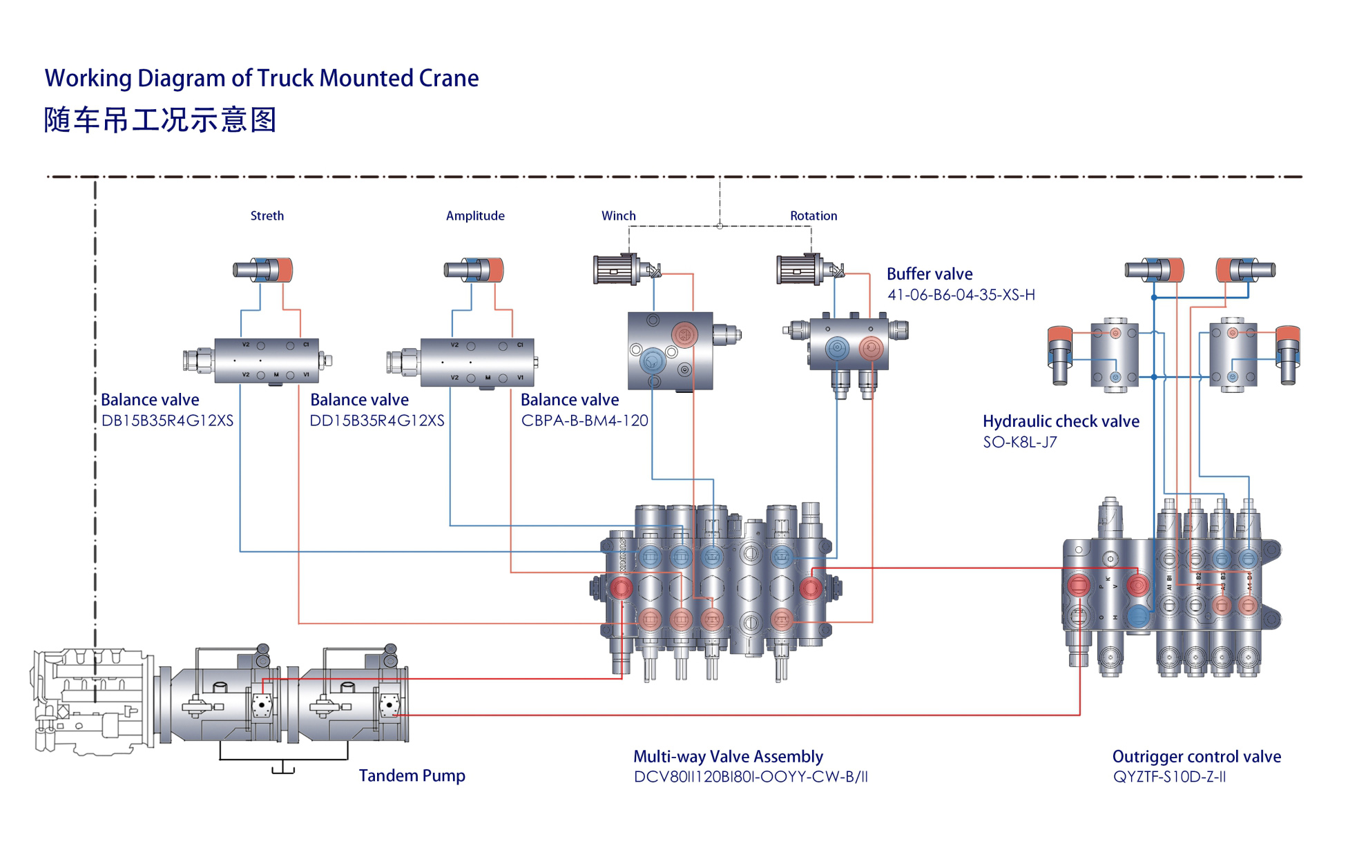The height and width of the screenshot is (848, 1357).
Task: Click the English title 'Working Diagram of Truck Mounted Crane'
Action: point(262,78)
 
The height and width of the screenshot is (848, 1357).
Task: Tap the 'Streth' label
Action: point(267,215)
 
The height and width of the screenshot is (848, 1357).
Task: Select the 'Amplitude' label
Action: point(475,215)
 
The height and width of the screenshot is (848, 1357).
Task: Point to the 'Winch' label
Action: point(618,215)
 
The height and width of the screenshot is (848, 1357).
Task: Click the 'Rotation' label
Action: point(813,215)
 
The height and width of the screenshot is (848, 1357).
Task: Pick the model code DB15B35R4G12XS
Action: point(167,421)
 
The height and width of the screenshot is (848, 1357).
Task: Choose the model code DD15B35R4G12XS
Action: point(377,421)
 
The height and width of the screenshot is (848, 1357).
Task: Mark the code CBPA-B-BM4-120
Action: point(584,421)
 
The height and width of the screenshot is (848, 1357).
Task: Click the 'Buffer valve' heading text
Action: point(929,274)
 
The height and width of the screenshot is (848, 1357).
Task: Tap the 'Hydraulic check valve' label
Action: point(1061,421)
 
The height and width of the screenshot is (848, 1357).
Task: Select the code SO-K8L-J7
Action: point(1019,442)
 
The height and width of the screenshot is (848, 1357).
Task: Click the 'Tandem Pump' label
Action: point(412,775)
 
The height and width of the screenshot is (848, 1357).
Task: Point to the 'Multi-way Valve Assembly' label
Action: point(728,756)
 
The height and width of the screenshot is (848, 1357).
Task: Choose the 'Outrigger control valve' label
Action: point(1196,756)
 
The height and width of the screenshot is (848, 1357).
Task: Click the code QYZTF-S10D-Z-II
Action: point(1169,777)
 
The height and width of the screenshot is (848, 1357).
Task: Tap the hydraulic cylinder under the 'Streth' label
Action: point(263,269)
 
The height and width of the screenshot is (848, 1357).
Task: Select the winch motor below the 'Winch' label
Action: point(617,269)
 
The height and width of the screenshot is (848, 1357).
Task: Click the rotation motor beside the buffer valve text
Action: point(801,269)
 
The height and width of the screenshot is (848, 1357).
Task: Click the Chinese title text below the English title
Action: point(160,120)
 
